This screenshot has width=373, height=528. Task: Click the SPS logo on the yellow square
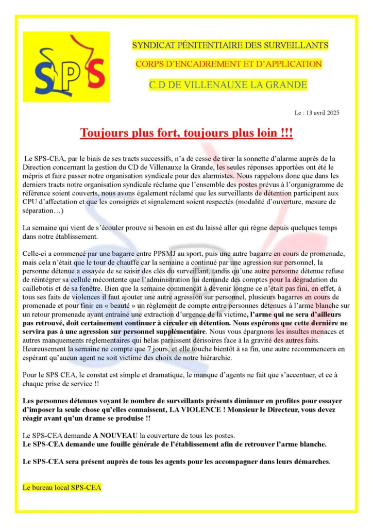(x=66, y=67)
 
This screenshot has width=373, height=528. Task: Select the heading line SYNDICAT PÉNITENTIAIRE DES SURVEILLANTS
(x=230, y=45)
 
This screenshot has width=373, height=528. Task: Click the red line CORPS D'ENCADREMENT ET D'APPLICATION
(x=229, y=64)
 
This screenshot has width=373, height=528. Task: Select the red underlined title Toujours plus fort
(x=186, y=133)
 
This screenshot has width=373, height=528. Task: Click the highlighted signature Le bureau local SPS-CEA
(x=62, y=486)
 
